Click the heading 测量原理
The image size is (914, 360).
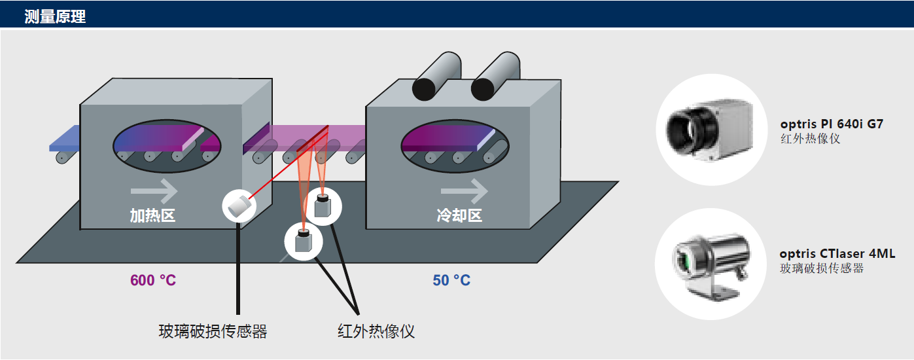[x=55, y=16]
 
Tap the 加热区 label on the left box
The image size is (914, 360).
[x=152, y=215]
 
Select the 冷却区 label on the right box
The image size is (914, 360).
[x=459, y=215]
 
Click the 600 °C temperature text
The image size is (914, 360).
[x=153, y=280]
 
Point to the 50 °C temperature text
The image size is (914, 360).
[x=451, y=280]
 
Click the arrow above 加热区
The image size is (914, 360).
[x=154, y=191]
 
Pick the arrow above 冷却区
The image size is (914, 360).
[x=465, y=191]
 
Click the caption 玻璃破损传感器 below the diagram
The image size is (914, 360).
[x=213, y=331]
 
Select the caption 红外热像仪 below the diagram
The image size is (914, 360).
[x=376, y=331]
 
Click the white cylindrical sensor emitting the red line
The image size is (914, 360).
[x=239, y=206]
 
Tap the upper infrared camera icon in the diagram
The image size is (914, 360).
[x=323, y=206]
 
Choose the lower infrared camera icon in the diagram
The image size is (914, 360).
[x=304, y=242]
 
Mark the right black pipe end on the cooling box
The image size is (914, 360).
[x=483, y=88]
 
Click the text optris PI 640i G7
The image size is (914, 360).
[x=832, y=124]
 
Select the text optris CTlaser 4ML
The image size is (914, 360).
[x=837, y=253]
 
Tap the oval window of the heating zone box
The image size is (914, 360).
[x=167, y=146]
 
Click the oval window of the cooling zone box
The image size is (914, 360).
[x=455, y=146]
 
